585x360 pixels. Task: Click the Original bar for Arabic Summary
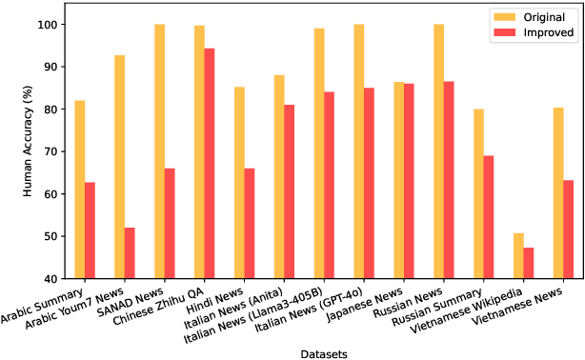[x=80, y=190]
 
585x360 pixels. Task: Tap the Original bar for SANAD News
[x=160, y=151]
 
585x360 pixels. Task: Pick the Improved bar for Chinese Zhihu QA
[x=210, y=163]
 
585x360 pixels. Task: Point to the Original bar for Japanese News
[x=399, y=180]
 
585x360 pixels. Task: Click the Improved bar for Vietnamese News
[x=569, y=230]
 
